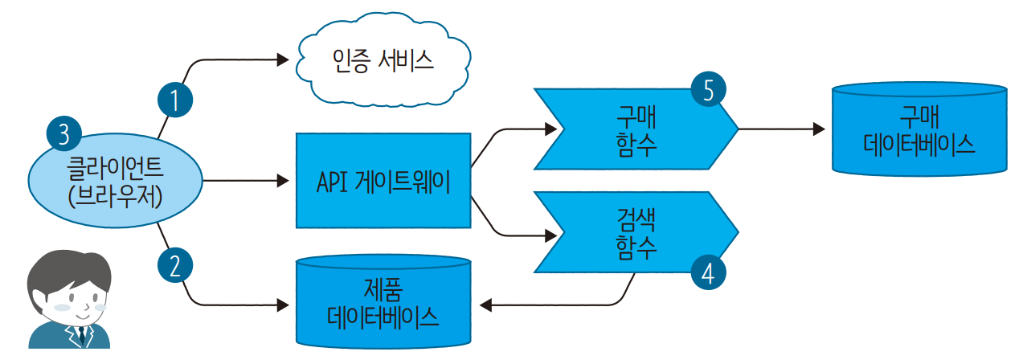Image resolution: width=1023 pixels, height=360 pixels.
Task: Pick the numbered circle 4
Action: tap(707, 272)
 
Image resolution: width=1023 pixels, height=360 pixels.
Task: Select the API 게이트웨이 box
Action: tap(383, 181)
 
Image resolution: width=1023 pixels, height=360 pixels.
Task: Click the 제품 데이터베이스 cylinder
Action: tap(383, 301)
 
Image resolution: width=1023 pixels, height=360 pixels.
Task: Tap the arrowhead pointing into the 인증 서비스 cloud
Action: tap(282, 59)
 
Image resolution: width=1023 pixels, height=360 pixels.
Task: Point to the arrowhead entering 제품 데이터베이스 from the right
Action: tap(485, 305)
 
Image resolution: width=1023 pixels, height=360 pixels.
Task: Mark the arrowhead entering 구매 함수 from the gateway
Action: tap(550, 129)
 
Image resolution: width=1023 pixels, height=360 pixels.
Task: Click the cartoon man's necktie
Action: tap(81, 335)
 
